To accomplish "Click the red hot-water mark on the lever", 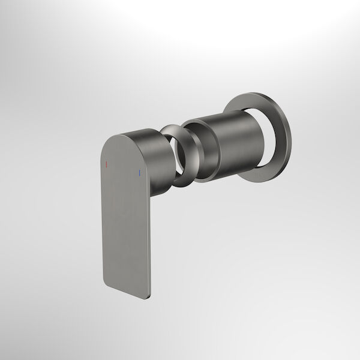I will tap(106, 163).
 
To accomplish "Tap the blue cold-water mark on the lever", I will tap(139, 175).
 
